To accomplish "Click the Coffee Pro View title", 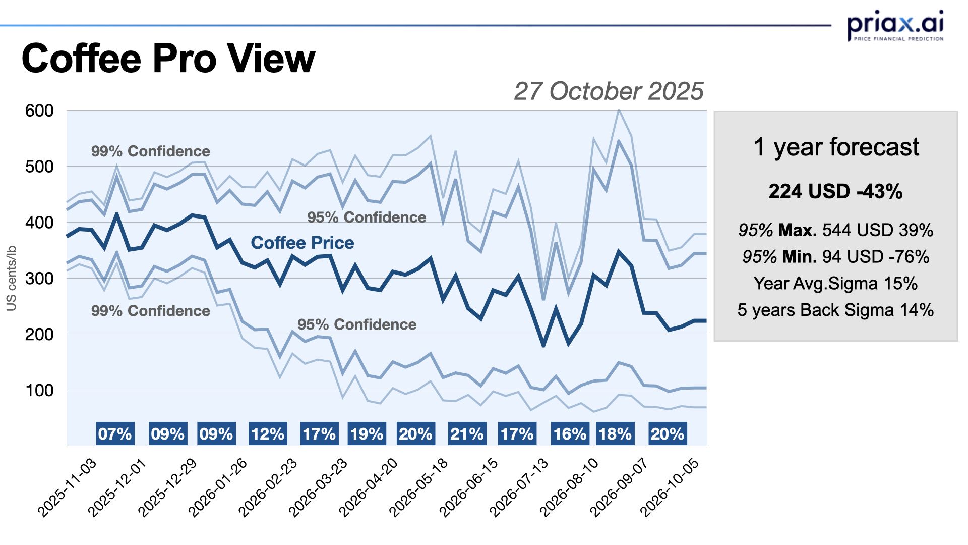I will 168,59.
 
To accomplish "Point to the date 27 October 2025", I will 609,91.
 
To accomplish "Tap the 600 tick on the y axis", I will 39,111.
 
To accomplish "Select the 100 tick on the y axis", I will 39,390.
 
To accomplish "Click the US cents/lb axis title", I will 12,278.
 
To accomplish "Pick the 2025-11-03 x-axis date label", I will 68,487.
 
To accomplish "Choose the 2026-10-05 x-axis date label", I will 671,487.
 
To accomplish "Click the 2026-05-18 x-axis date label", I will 419,487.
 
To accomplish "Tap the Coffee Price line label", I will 302,243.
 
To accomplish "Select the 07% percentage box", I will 115,434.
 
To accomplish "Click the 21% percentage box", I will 467,434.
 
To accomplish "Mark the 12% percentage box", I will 268,434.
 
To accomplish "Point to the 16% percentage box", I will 570,434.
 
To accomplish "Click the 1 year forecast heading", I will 836,147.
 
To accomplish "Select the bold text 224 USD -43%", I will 835,192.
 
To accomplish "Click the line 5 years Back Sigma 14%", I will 835,310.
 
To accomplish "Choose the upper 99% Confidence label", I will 150,151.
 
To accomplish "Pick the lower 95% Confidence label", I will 357,324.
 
